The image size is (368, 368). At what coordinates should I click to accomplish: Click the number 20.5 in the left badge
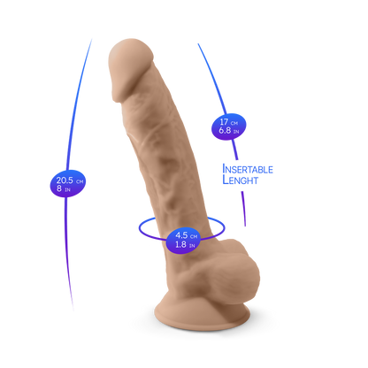pyautogui.click(x=65, y=180)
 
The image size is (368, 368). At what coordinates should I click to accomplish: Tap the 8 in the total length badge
pyautogui.click(x=59, y=188)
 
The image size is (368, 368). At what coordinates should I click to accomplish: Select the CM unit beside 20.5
pyautogui.click(x=80, y=181)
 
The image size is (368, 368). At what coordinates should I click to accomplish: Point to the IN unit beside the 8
pyautogui.click(x=67, y=190)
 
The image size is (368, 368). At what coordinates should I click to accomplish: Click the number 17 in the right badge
pyautogui.click(x=224, y=121)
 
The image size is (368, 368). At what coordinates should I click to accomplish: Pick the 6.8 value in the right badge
pyautogui.click(x=225, y=130)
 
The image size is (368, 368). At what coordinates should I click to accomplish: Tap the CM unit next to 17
pyautogui.click(x=234, y=123)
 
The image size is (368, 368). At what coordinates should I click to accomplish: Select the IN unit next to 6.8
pyautogui.click(x=236, y=132)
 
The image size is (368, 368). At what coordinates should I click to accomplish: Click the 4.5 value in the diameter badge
pyautogui.click(x=181, y=235)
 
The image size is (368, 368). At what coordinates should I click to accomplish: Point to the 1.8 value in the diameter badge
pyautogui.click(x=180, y=244)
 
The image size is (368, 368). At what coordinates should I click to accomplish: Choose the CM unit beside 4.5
pyautogui.click(x=194, y=237)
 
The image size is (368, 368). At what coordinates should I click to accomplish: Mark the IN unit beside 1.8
pyautogui.click(x=192, y=246)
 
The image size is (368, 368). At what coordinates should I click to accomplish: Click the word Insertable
pyautogui.click(x=248, y=169)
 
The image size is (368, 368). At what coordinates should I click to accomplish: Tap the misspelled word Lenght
pyautogui.click(x=241, y=180)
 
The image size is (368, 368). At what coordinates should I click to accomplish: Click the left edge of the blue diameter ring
pyautogui.click(x=139, y=228)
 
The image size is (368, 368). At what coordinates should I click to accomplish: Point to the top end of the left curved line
pyautogui.click(x=91, y=40)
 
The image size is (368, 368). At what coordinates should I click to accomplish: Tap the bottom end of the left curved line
pyautogui.click(x=73, y=310)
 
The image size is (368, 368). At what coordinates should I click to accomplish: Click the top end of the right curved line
pyautogui.click(x=198, y=44)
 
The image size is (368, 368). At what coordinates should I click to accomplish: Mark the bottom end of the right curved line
pyautogui.click(x=245, y=226)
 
